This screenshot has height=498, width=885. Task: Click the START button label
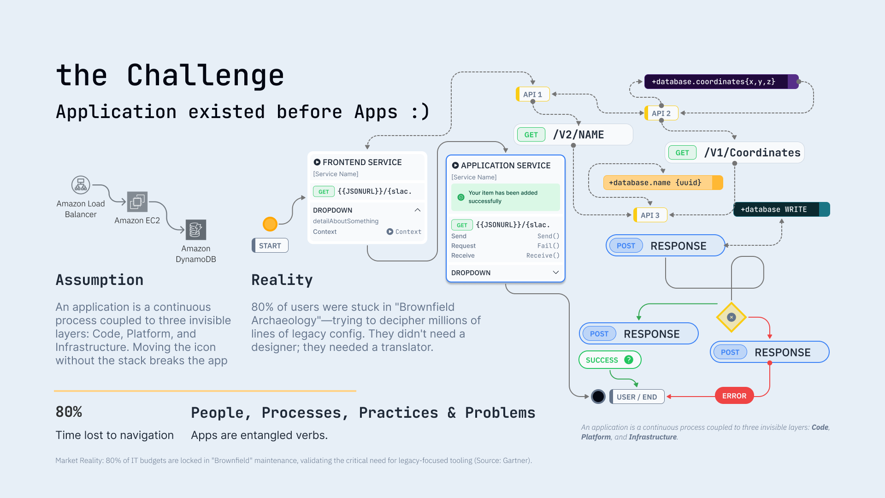(270, 246)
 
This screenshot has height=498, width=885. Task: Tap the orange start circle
(270, 224)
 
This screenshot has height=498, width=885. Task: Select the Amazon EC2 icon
(137, 202)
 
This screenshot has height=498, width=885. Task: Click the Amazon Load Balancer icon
(81, 185)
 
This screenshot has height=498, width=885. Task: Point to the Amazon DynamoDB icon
(196, 230)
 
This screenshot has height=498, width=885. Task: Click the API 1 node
(533, 95)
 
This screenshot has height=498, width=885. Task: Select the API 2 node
(661, 113)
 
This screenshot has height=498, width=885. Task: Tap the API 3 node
(650, 215)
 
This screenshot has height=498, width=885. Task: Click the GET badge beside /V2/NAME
(531, 135)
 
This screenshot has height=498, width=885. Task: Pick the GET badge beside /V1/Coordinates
(682, 153)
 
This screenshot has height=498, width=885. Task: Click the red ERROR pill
(734, 396)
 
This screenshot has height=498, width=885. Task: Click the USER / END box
(637, 397)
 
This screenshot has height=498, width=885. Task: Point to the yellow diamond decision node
(732, 317)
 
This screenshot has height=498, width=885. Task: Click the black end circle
(598, 397)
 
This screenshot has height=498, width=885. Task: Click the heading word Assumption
(100, 280)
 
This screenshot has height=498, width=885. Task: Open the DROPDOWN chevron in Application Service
(556, 273)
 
